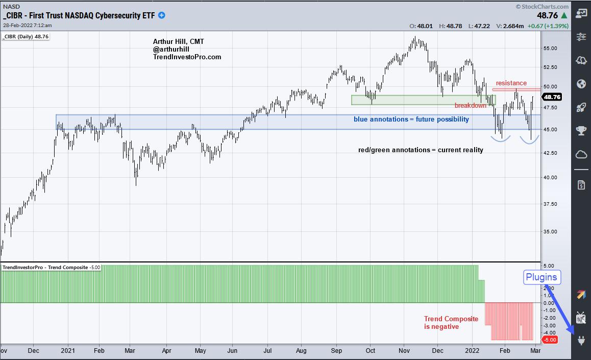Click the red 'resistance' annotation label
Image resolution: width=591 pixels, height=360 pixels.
pos(511,83)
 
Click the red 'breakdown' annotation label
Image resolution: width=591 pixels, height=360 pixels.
pos(470,106)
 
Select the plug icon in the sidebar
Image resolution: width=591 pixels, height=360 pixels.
pos(581,340)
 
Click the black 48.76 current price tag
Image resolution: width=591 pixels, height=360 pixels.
pos(553,97)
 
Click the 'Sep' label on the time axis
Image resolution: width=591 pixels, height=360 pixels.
pos(337,351)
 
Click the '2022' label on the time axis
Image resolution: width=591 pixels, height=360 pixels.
pos(471,351)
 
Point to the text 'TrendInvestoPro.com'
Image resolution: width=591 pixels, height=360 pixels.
pos(187,57)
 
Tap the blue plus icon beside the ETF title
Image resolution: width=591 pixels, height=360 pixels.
pos(162,15)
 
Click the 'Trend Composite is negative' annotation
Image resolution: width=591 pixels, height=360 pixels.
pos(451,323)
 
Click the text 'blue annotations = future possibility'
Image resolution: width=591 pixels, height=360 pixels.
pos(411,119)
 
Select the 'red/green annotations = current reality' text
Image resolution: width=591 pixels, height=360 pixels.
pos(420,150)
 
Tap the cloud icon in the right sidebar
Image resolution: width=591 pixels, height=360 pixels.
pos(581,154)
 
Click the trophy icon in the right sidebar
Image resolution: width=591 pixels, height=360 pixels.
pos(581,130)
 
